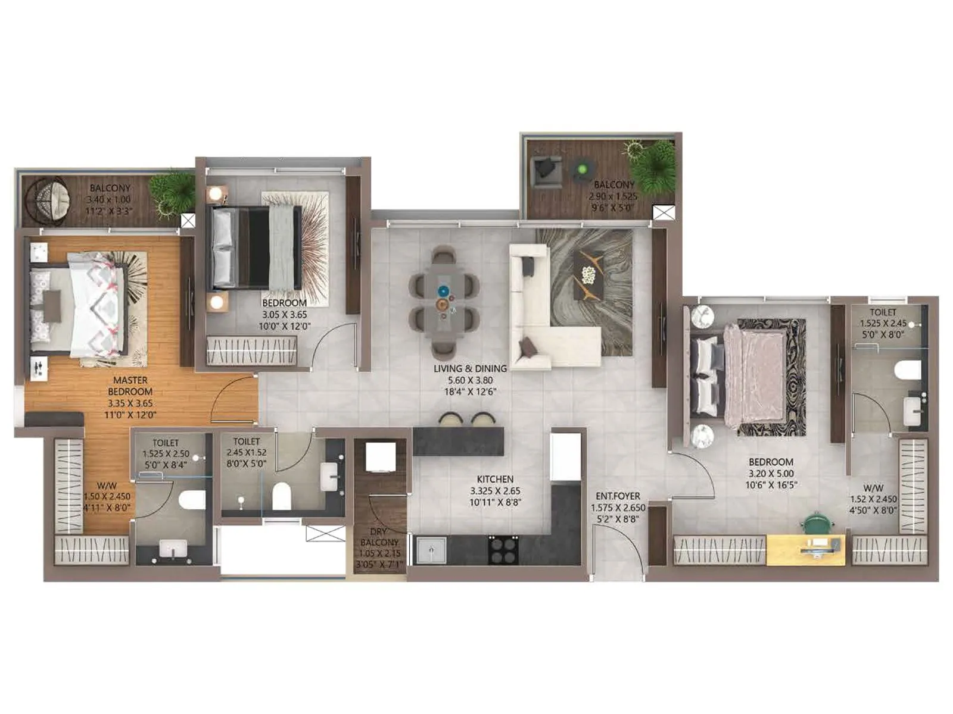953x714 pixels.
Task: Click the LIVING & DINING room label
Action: pyautogui.click(x=470, y=368)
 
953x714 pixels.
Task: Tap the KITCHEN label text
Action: pyautogui.click(x=495, y=479)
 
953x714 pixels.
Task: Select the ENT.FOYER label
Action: pyautogui.click(x=618, y=496)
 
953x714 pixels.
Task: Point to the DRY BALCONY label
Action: pyautogui.click(x=379, y=537)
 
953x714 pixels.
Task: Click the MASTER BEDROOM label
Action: pyautogui.click(x=130, y=386)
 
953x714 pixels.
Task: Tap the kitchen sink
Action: pyautogui.click(x=431, y=550)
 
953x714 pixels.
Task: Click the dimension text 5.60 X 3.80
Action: pyautogui.click(x=470, y=380)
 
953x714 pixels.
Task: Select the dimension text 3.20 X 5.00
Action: pyautogui.click(x=771, y=474)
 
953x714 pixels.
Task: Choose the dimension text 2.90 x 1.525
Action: pyautogui.click(x=613, y=196)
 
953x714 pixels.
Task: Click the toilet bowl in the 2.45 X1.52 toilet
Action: pyautogui.click(x=281, y=496)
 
